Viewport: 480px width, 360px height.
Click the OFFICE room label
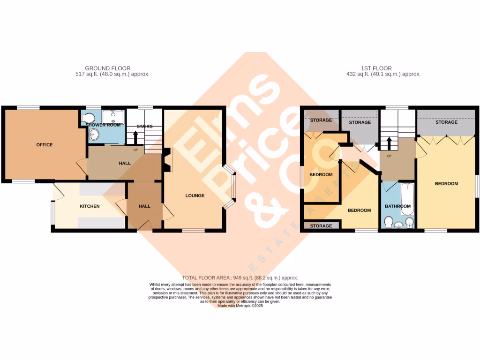tap(45, 145)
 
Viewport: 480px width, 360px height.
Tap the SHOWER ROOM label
tap(103, 125)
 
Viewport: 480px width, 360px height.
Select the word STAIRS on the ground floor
tap(145, 127)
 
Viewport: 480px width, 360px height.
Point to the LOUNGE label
tap(195, 195)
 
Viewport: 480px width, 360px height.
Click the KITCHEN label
tap(90, 206)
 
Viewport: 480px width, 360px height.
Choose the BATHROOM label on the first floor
tap(397, 206)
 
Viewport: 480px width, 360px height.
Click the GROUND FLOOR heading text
tap(107, 68)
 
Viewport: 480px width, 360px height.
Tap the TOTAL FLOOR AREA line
tap(240, 278)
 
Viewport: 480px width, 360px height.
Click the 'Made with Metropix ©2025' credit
tap(240, 306)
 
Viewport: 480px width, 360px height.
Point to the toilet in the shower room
tap(88, 118)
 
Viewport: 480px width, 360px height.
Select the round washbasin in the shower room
tap(94, 135)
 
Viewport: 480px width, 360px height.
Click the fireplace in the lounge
tap(167, 159)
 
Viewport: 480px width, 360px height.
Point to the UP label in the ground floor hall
tap(135, 150)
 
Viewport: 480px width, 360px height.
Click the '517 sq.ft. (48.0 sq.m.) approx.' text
tap(112, 74)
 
